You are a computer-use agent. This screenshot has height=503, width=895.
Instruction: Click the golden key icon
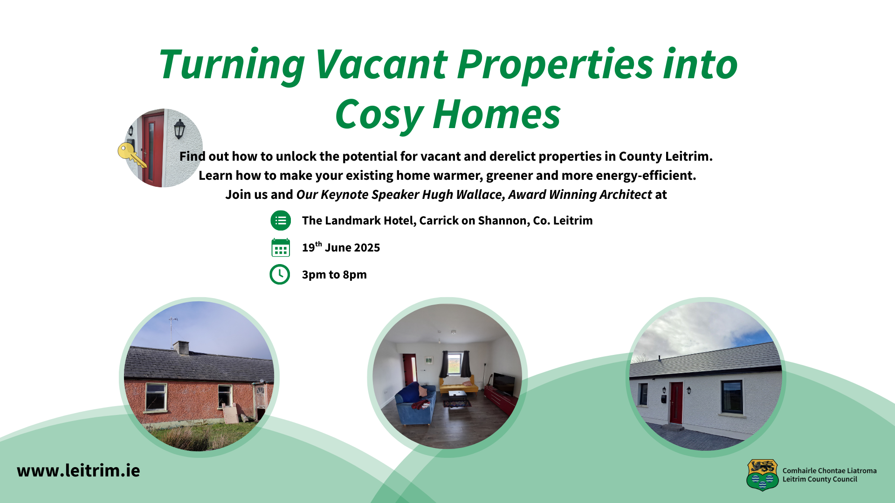(x=131, y=155)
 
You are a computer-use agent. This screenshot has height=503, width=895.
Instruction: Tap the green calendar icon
(x=281, y=248)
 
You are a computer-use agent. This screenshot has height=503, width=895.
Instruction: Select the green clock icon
(x=280, y=274)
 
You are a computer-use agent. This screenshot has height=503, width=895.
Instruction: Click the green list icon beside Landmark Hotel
(x=281, y=220)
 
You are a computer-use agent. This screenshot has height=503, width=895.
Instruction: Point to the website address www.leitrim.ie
(x=78, y=470)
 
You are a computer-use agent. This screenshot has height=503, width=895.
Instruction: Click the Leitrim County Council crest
(x=763, y=475)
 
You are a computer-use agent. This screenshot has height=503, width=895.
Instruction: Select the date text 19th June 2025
(x=341, y=247)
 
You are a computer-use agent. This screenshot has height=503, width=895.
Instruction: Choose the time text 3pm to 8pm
(x=334, y=274)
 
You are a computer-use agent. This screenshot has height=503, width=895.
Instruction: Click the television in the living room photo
(x=503, y=384)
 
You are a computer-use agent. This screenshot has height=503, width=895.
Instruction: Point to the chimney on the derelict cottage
(x=181, y=347)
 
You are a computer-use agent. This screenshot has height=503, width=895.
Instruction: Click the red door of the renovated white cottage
(x=676, y=403)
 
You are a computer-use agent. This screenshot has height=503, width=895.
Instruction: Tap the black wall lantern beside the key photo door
(x=179, y=129)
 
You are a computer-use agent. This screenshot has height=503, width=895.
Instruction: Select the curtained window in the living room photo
(x=454, y=364)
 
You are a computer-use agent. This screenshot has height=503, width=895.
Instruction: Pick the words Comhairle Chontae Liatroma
(x=829, y=471)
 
